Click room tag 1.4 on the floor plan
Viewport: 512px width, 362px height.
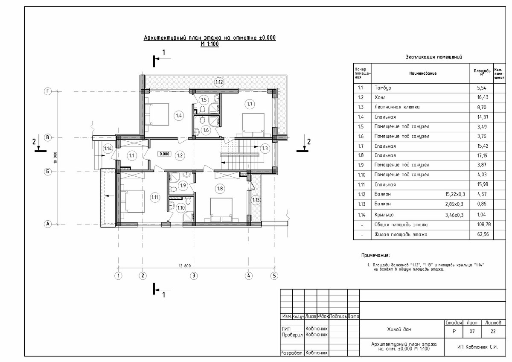pyautogui.click(x=179, y=116)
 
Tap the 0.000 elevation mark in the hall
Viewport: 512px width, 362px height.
pyautogui.click(x=164, y=154)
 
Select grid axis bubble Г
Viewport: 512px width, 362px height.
pyautogui.click(x=47, y=91)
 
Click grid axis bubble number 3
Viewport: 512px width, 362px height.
pyautogui.click(x=194, y=276)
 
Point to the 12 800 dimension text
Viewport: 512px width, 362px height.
pyautogui.click(x=184, y=266)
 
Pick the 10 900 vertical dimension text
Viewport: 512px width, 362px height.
pyautogui.click(x=55, y=158)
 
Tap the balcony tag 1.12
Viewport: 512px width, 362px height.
pyautogui.click(x=219, y=82)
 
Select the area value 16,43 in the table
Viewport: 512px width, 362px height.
pyautogui.click(x=483, y=97)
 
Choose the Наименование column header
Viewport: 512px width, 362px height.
pyautogui.click(x=423, y=73)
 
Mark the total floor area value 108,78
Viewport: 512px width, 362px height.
pyautogui.click(x=484, y=225)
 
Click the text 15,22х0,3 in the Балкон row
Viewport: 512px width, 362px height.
pyautogui.click(x=455, y=194)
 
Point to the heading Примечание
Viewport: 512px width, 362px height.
pyautogui.click(x=375, y=255)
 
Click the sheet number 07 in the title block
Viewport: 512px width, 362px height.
pyautogui.click(x=472, y=331)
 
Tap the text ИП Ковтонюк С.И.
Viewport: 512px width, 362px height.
pyautogui.click(x=477, y=347)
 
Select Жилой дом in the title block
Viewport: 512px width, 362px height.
pyautogui.click(x=399, y=330)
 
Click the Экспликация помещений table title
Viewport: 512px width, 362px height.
pyautogui.click(x=433, y=57)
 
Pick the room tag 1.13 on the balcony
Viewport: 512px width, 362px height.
pyautogui.click(x=256, y=200)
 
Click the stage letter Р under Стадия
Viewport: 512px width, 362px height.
pyautogui.click(x=454, y=331)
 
